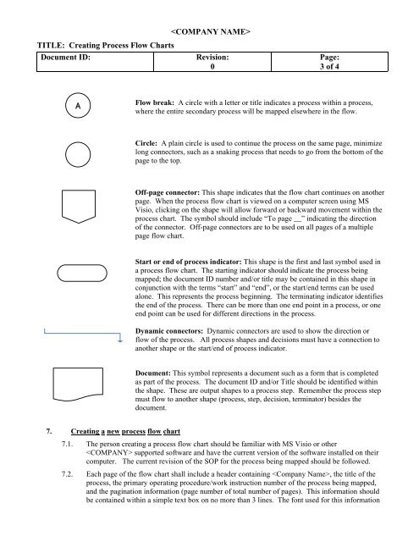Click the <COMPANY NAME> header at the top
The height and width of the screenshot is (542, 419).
click(x=211, y=32)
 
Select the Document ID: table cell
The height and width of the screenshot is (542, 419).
click(x=95, y=62)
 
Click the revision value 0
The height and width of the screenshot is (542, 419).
click(x=212, y=66)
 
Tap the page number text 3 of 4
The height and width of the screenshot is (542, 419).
click(x=329, y=66)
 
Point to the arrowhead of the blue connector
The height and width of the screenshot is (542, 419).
click(x=120, y=340)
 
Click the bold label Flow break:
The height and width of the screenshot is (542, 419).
click(x=154, y=102)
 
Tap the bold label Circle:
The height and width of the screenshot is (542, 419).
click(x=146, y=143)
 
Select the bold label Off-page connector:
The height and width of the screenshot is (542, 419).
click(x=168, y=192)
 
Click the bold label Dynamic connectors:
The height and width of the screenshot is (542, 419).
click(x=169, y=331)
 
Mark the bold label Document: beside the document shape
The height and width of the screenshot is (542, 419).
click(x=152, y=373)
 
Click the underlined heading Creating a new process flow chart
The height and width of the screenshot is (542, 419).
click(x=125, y=431)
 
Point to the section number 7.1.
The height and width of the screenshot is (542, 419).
click(x=68, y=444)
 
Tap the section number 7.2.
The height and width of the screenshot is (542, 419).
click(x=68, y=474)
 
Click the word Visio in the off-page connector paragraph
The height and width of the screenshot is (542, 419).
click(x=144, y=210)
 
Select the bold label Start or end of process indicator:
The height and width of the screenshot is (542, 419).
click(x=188, y=262)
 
